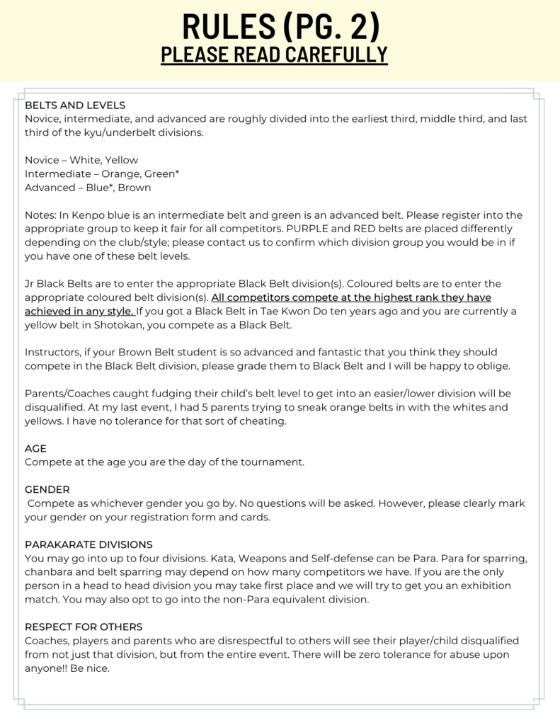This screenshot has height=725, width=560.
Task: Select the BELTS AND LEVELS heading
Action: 75,105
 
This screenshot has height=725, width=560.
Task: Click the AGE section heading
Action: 35,448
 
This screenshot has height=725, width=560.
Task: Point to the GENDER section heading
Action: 47,489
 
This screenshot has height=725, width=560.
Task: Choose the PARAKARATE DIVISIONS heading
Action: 88,544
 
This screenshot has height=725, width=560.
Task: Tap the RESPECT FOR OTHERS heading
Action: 84,627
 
